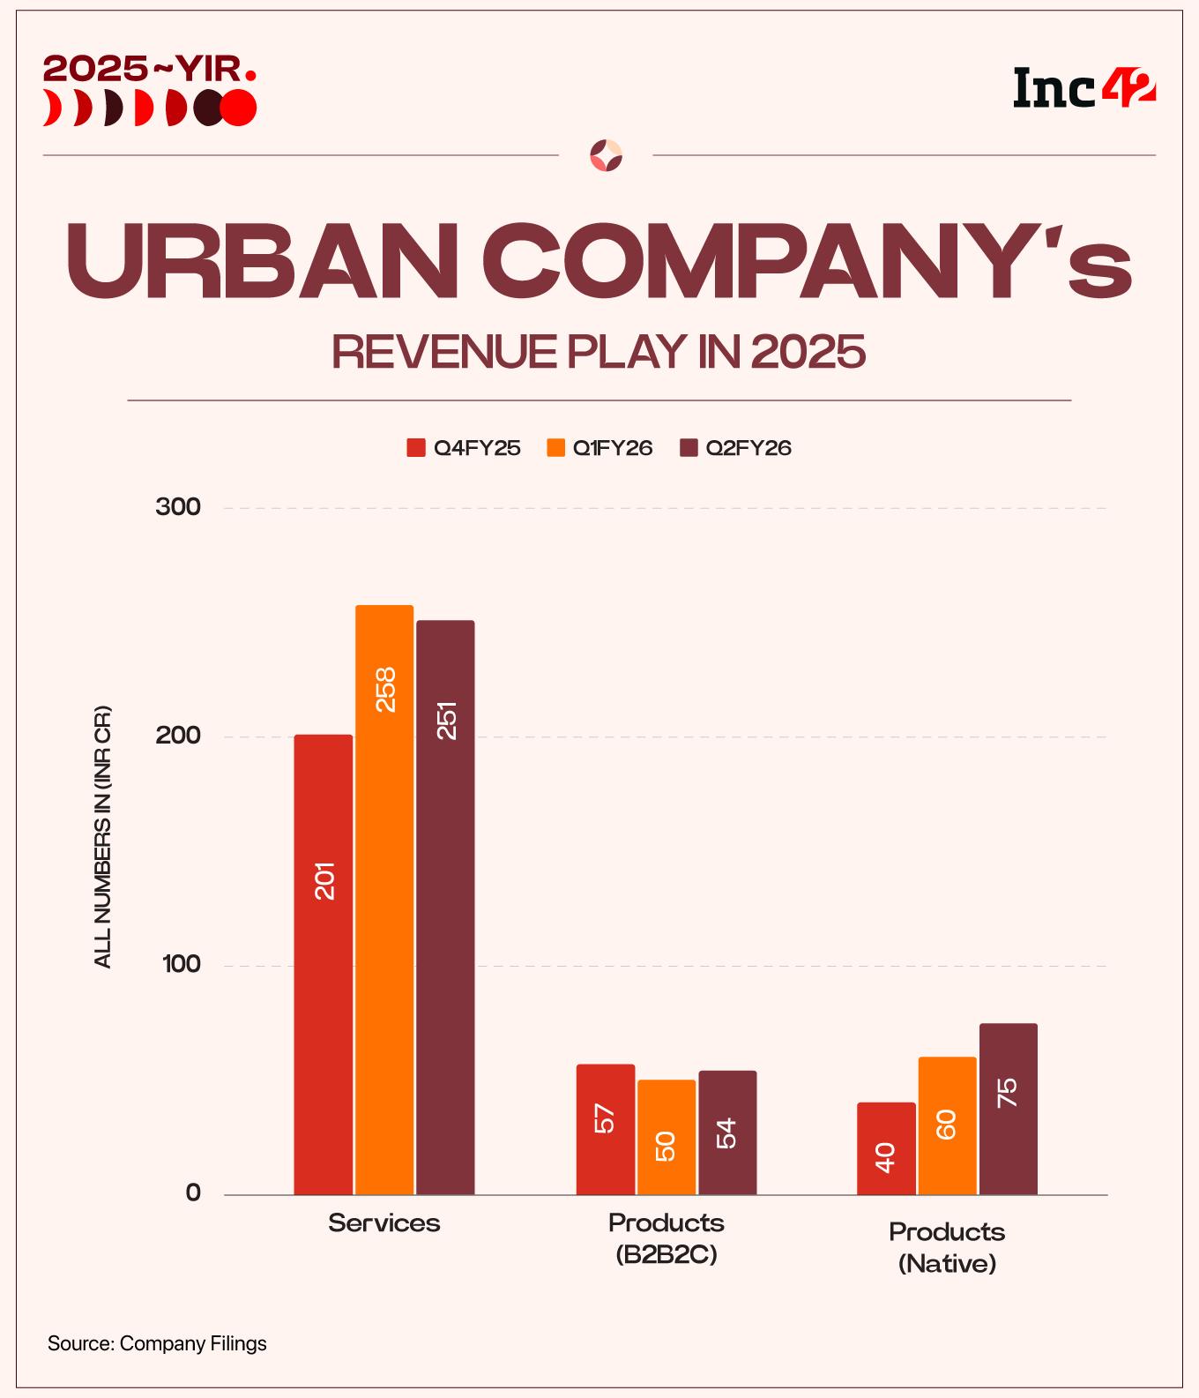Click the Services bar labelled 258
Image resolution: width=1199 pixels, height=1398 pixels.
(384, 900)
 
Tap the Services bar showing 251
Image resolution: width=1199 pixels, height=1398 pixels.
(445, 908)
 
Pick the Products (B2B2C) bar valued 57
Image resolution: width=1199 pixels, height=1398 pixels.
(606, 1129)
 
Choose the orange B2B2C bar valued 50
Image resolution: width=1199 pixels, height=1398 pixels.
(667, 1137)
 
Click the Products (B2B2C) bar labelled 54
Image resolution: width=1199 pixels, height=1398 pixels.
(727, 1133)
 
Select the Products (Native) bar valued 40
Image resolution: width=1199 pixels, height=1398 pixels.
(886, 1148)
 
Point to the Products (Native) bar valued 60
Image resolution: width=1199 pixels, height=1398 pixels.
(947, 1125)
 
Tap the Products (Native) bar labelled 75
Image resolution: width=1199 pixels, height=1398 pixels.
(1008, 1109)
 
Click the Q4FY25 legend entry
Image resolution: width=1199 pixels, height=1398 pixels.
(464, 448)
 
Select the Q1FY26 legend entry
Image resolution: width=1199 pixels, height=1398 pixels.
(600, 448)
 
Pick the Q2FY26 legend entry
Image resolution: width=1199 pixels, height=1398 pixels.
(736, 448)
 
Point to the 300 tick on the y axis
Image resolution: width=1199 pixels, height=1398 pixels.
(178, 507)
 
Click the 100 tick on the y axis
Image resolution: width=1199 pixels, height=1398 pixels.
(180, 965)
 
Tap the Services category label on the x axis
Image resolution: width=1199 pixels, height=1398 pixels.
(384, 1222)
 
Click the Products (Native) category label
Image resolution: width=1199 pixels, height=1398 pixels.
(947, 1247)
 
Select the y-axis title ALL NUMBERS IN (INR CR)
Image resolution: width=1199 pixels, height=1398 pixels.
(103, 836)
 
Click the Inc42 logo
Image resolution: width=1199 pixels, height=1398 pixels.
(1084, 88)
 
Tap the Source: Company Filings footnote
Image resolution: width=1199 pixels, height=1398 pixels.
(157, 1344)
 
